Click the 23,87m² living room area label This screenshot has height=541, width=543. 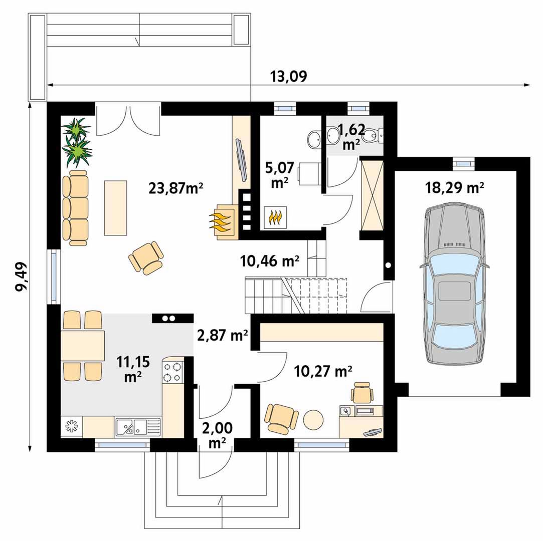tap(175, 188)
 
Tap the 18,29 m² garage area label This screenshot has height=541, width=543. tap(454, 188)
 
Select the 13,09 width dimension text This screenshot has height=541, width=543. tap(288, 77)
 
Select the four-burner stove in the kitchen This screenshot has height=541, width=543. tap(172, 372)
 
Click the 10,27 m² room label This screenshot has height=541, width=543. tap(323, 372)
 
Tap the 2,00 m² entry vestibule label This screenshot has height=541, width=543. tap(217, 435)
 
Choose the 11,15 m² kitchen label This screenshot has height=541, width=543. tap(133, 369)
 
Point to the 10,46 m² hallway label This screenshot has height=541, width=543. tap(269, 261)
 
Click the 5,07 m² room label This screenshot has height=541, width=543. tap(279, 175)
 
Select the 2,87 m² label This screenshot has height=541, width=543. tap(222, 335)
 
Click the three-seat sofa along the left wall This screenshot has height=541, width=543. tap(75, 208)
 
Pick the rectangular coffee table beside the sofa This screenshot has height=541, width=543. tap(115, 208)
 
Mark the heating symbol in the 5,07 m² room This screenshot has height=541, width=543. tap(275, 217)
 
